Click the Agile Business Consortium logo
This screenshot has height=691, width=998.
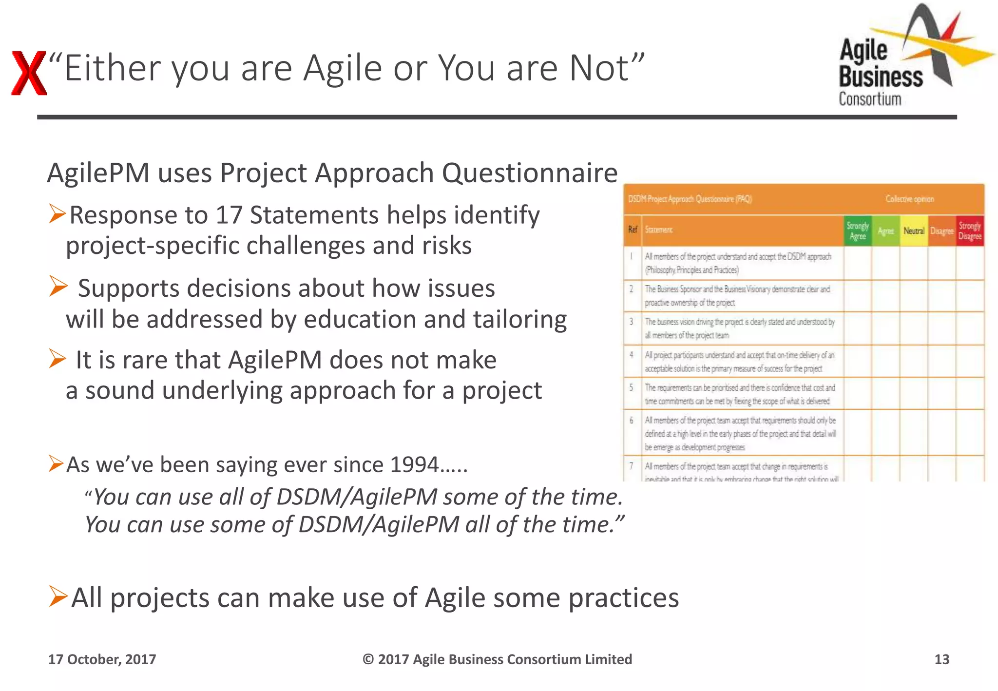tap(906, 58)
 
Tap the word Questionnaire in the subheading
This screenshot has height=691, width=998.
tap(530, 173)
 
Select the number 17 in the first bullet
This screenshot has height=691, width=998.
tap(229, 215)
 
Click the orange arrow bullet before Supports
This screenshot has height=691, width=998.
tap(58, 286)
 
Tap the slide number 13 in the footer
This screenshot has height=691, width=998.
tap(941, 659)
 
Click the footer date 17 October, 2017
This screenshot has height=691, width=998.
tap(102, 659)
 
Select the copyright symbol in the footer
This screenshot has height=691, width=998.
tap(368, 659)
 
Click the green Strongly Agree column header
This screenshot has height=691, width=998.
tap(858, 231)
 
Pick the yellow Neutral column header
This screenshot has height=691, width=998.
tap(914, 231)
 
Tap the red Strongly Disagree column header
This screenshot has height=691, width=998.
tap(970, 231)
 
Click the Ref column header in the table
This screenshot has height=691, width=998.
tap(633, 230)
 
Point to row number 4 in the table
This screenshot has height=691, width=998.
tap(632, 355)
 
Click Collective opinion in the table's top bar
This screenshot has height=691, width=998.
tap(910, 199)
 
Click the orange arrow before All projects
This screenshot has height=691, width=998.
tap(58, 596)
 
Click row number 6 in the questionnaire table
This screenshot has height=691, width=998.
tap(632, 420)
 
